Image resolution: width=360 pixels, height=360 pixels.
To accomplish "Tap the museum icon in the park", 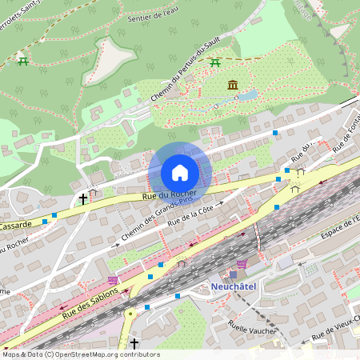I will pyautogui.click(x=232, y=85).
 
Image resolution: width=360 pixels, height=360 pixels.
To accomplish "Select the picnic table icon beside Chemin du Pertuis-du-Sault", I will pyautogui.click(x=214, y=62).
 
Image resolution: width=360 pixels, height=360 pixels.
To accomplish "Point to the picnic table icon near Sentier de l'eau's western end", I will pyautogui.click(x=23, y=62).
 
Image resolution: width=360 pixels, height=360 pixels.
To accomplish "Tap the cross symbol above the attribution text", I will pyautogui.click(x=134, y=343).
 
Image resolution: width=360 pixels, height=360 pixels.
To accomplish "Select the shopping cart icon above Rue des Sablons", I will pyautogui.click(x=113, y=281).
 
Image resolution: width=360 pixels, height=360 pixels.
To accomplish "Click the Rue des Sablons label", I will pyautogui.click(x=91, y=303).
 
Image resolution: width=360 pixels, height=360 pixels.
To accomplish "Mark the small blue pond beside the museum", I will pyautogui.click(x=247, y=95).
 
